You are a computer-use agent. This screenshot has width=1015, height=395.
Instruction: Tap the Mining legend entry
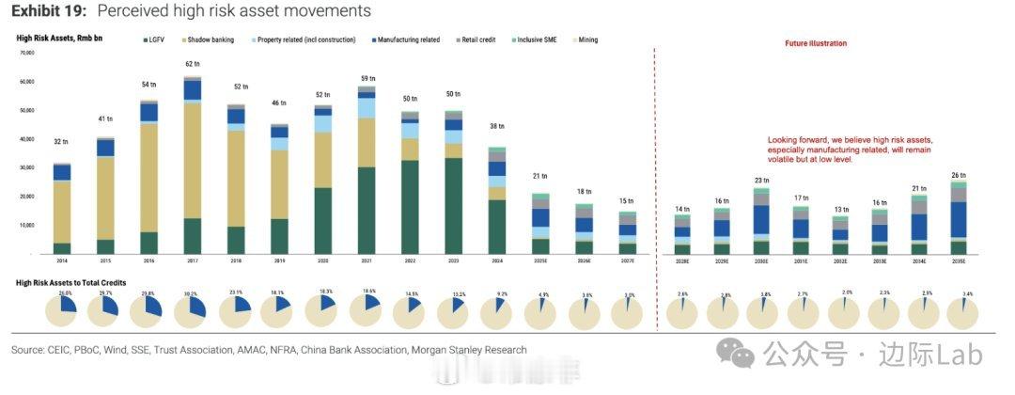pyautogui.click(x=586, y=39)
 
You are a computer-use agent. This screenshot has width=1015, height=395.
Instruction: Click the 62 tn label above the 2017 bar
pyautogui.click(x=193, y=64)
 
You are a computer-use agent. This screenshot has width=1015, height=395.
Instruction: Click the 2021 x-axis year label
pyautogui.click(x=367, y=261)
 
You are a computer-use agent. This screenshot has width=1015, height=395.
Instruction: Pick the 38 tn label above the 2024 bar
pyautogui.click(x=497, y=126)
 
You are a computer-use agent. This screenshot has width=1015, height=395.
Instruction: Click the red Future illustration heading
pyautogui.click(x=816, y=43)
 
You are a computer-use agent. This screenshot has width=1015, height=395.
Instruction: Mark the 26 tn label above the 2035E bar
pyautogui.click(x=958, y=175)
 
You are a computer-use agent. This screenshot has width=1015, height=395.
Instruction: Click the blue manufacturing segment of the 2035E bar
pyautogui.click(x=958, y=219)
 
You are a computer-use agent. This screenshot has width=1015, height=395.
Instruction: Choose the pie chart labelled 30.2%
pyautogui.click(x=193, y=309)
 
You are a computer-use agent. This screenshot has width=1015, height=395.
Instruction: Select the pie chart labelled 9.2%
pyautogui.click(x=497, y=309)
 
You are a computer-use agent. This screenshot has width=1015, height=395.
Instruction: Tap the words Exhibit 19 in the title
pyautogui.click(x=46, y=11)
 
